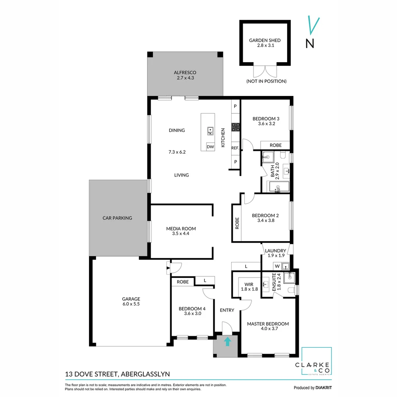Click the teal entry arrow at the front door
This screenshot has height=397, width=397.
(228, 341)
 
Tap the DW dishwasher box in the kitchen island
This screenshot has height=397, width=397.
(210, 147)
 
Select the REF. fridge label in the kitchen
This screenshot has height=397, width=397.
(235, 148)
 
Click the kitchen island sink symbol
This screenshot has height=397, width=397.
(210, 130)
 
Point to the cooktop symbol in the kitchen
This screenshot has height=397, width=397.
(235, 127)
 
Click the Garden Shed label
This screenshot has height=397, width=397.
(265, 40)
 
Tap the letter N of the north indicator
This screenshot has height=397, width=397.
(310, 43)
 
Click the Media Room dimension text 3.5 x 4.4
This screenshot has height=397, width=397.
(180, 233)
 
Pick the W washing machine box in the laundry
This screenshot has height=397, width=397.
(277, 266)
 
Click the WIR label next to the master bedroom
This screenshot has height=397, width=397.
(249, 284)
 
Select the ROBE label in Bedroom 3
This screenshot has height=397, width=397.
(275, 145)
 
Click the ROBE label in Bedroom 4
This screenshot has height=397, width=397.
(183, 282)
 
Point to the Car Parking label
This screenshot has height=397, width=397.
(117, 218)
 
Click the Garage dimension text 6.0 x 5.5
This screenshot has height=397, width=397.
(131, 304)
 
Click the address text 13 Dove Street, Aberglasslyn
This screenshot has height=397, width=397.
(117, 374)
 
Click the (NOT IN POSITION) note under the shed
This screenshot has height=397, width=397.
(266, 81)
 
